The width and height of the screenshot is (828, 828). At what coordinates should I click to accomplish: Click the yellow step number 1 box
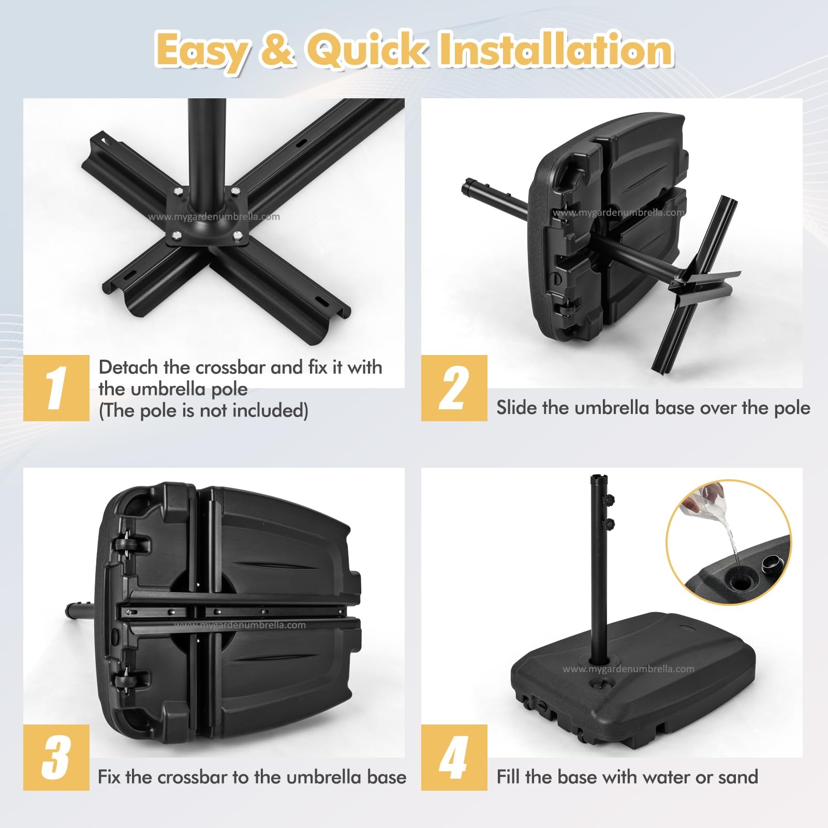point(56,388)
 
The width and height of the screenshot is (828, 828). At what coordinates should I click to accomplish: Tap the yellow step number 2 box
point(454,388)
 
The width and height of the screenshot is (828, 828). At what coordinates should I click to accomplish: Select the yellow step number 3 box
point(56,757)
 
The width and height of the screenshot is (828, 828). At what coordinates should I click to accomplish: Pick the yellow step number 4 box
point(454,757)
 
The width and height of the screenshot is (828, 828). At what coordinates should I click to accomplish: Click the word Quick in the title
point(367,50)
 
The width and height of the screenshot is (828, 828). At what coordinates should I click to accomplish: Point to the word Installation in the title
point(556,50)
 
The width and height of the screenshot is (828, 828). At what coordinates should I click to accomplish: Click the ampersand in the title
point(277,51)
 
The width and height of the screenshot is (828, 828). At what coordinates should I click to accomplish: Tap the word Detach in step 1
point(128,367)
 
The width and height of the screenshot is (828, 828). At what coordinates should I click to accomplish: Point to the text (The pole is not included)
point(203,410)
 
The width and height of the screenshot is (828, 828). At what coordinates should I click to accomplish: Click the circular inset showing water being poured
point(728,542)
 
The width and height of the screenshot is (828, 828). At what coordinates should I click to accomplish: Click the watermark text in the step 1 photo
point(214,217)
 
